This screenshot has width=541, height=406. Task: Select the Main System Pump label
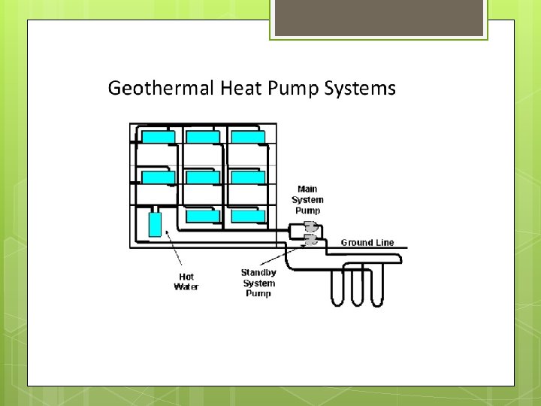307,200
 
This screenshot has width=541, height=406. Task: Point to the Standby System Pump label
258,283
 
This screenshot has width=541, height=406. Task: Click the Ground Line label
367,243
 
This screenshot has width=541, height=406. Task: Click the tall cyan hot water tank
156,224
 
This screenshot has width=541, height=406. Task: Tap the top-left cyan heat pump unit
159,137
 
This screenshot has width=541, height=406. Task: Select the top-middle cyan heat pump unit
203,137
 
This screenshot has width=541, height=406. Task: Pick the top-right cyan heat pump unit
248,137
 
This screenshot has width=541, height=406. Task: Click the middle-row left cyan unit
159,177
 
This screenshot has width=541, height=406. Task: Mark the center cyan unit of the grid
203,177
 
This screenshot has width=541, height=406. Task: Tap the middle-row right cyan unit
248,177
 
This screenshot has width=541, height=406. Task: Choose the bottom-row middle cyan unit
203,217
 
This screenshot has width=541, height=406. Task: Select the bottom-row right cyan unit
248,217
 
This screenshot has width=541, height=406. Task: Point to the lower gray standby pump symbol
310,240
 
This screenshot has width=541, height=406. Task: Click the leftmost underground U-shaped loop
338,286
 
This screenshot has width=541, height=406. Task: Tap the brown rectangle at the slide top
379,18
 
